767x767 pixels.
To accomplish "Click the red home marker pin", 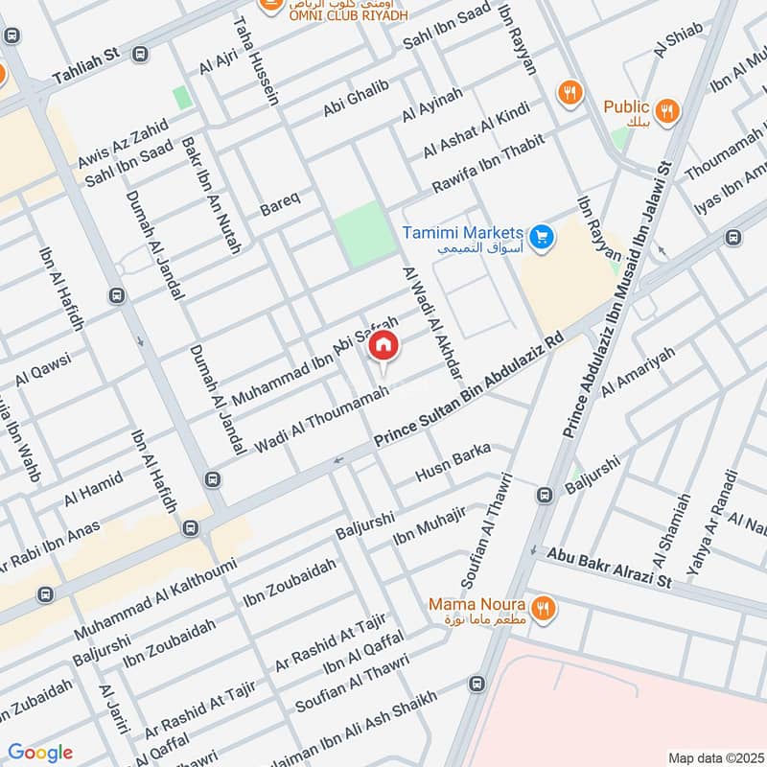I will click(383, 347).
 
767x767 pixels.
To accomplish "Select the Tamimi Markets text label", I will click(462, 233).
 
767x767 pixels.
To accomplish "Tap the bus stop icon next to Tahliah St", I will click(141, 54).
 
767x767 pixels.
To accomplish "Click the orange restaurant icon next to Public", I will click(668, 109).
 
